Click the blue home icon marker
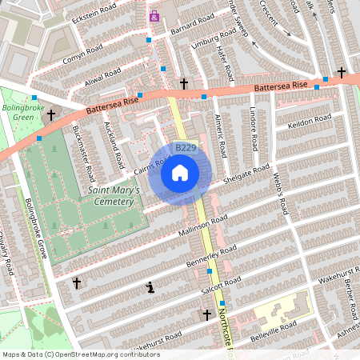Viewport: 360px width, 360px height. tap(180, 172)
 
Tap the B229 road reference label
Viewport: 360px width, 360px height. tap(185, 148)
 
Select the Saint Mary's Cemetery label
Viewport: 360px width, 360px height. tap(114, 196)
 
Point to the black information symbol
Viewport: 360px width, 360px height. tap(149, 287)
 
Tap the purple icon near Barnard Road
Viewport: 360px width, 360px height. tap(154, 16)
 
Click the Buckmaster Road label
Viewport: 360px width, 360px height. tap(83, 151)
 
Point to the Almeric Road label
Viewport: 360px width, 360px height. tap(219, 133)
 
